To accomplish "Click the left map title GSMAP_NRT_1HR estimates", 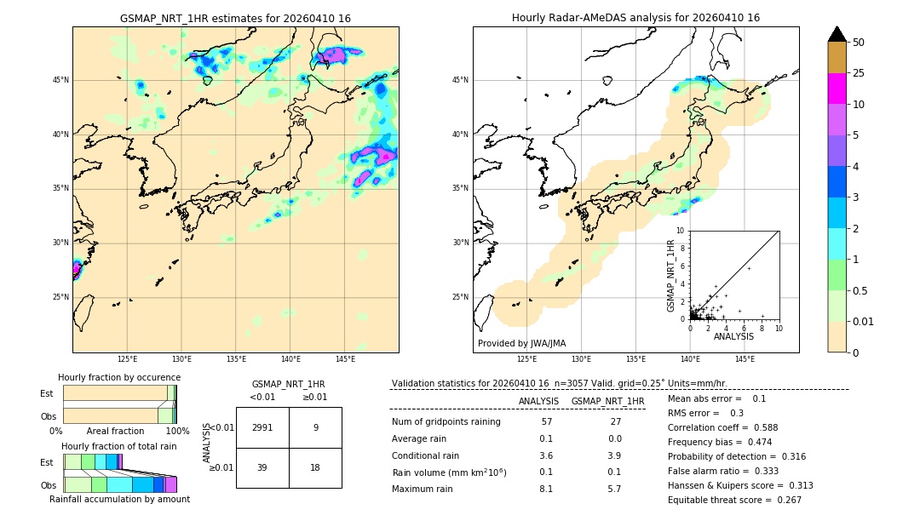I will tap(235, 18).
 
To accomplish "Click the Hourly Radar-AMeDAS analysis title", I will tap(635, 18).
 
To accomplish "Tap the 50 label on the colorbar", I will tap(859, 43).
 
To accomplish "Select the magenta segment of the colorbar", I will tap(837, 89).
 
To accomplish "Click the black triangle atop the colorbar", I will tap(837, 34).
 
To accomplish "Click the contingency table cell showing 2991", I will tap(262, 427).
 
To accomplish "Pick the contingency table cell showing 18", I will tap(315, 467).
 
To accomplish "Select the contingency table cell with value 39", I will tap(262, 467).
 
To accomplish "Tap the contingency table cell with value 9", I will tap(315, 427).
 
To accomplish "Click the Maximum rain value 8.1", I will tap(545, 489).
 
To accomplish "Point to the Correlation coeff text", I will tap(707, 427).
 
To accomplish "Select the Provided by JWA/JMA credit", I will tap(521, 343).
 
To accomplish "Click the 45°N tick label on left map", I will tap(60, 80).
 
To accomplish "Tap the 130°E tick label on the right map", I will tap(582, 360).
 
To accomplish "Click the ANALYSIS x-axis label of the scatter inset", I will tap(733, 336).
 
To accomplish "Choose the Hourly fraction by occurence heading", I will tap(119, 377).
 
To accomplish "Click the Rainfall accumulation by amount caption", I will tap(119, 500).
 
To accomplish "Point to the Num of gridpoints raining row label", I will tap(446, 421).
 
